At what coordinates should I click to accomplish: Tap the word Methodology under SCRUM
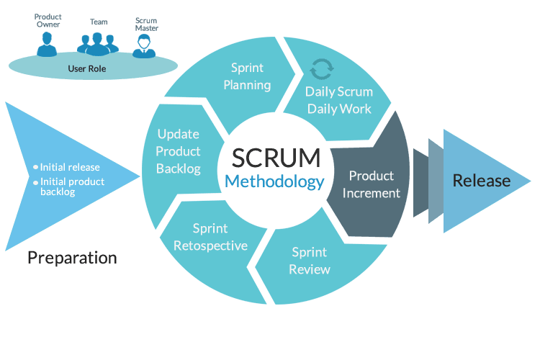(275, 181)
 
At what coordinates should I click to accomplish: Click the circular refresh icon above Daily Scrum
(320, 70)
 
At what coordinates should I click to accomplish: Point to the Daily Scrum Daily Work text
(338, 100)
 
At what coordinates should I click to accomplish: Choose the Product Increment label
(372, 184)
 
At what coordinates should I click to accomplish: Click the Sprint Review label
(310, 261)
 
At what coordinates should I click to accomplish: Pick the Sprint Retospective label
(210, 237)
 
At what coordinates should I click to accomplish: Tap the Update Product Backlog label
(179, 151)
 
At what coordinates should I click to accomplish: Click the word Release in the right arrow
(481, 181)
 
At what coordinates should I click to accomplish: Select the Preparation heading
(72, 257)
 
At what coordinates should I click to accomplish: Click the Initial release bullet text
(70, 167)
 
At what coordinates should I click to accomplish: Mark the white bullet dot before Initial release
(36, 167)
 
